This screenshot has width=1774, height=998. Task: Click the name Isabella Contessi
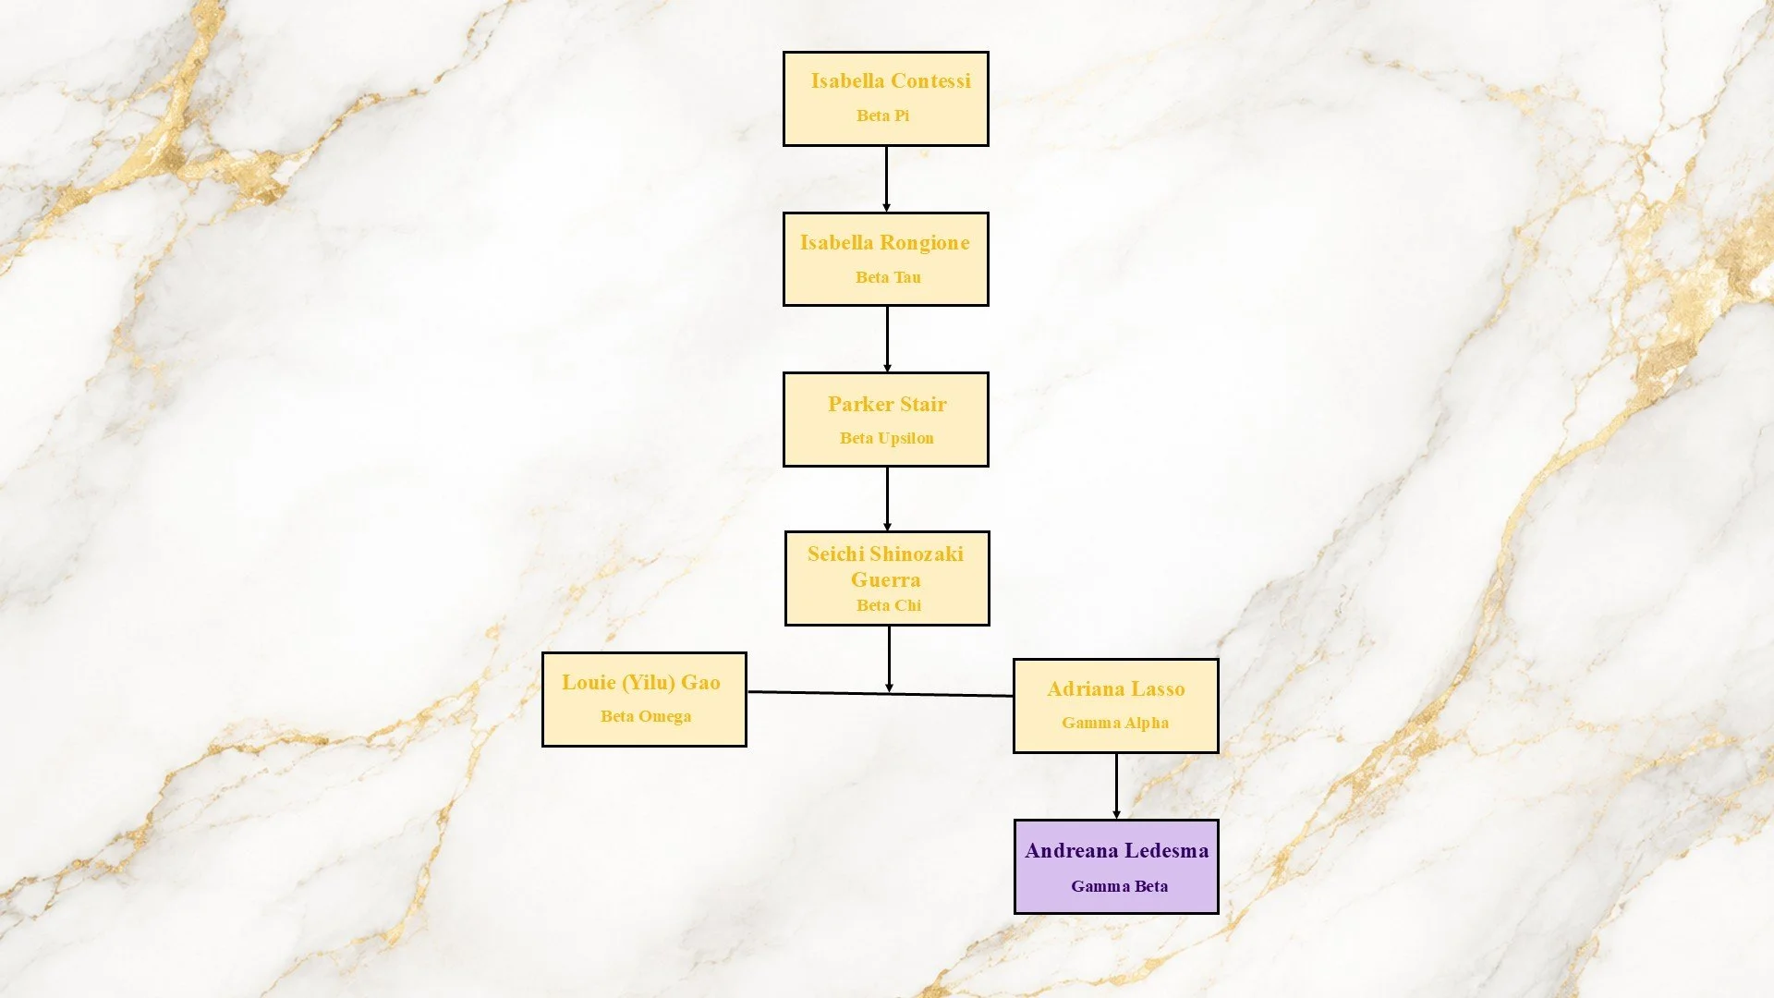(x=891, y=81)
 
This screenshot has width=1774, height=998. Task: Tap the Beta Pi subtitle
(x=882, y=116)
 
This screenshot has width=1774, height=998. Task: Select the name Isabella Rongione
(x=885, y=243)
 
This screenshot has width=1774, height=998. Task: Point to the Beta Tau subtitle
(x=888, y=277)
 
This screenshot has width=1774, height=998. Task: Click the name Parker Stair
(x=887, y=404)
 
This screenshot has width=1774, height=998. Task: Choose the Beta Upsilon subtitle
(x=887, y=438)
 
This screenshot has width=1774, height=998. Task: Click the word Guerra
(x=886, y=579)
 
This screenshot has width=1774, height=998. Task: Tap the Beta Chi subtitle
(x=889, y=605)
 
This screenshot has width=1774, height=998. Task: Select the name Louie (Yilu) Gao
(x=641, y=683)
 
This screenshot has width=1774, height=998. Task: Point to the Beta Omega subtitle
(x=646, y=716)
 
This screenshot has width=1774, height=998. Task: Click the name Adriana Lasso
(x=1116, y=689)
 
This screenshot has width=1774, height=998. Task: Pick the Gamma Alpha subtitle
(x=1115, y=723)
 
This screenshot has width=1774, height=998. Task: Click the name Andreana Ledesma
(x=1117, y=851)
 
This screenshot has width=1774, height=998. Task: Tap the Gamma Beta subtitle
(x=1120, y=886)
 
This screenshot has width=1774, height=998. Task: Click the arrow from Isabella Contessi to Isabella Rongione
(x=886, y=179)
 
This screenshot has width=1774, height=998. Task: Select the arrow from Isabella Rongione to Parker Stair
(x=887, y=339)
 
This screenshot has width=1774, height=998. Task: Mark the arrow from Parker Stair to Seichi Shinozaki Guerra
(x=887, y=499)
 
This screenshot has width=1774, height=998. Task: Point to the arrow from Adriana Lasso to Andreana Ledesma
(x=1116, y=786)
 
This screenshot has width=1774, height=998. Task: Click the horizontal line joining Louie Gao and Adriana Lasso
(x=881, y=693)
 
